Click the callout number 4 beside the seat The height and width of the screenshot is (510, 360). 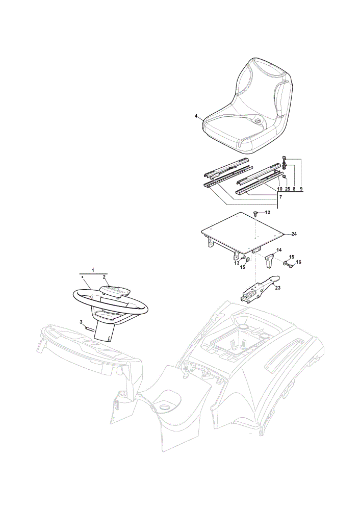click(196, 116)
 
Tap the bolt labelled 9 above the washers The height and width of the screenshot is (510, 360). click(284, 159)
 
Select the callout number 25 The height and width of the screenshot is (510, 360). click(288, 189)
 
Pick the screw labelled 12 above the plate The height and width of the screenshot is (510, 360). click(255, 213)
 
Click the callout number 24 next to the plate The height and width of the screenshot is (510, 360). click(294, 234)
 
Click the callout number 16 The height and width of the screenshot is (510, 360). click(298, 262)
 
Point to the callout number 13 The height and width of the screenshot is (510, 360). click(237, 263)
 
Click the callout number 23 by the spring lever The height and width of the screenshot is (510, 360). click(277, 288)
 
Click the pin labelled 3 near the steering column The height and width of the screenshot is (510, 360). click(90, 328)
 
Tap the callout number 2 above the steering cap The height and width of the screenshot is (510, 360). click(104, 277)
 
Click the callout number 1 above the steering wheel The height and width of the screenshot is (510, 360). click(93, 270)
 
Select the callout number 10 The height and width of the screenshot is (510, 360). click(279, 189)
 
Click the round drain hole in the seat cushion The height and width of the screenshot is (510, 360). click(258, 121)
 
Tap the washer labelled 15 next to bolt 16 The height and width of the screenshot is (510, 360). click(285, 263)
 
